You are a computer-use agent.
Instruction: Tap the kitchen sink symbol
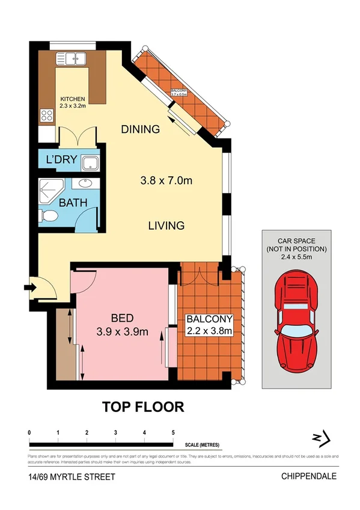coord(72,59)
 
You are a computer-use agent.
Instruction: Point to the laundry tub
coord(91,162)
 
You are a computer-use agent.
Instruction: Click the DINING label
coord(140,129)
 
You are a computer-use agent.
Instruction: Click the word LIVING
coord(166,226)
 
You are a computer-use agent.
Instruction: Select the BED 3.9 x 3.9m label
coord(122,324)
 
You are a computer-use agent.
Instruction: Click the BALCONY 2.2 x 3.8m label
coord(209,324)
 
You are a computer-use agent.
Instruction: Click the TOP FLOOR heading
coord(142,407)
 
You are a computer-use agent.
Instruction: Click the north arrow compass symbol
coord(320,441)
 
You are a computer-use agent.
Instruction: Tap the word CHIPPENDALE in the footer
coord(309,476)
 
